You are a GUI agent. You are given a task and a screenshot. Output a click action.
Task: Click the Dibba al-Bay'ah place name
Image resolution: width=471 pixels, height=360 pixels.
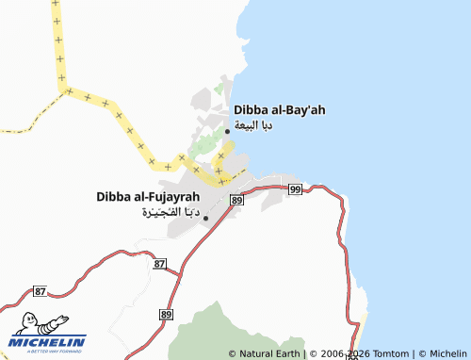[x=280, y=110]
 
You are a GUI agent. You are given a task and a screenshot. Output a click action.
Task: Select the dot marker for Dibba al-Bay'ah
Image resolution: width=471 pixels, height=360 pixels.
[x=227, y=131]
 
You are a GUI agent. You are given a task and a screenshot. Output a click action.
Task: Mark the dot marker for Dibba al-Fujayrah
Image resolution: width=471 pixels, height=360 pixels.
[x=206, y=218]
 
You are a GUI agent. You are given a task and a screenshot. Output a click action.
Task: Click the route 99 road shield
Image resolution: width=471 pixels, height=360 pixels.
[x=295, y=189]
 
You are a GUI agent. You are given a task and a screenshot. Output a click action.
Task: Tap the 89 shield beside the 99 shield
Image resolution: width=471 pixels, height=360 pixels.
[x=235, y=201]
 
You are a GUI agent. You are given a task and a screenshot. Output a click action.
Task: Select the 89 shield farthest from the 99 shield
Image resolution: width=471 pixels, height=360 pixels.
[x=167, y=314]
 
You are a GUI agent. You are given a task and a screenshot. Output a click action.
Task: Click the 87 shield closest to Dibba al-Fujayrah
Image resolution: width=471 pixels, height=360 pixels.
[x=158, y=265]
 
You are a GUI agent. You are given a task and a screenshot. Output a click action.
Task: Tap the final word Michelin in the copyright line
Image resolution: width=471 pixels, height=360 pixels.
[x=447, y=353]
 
